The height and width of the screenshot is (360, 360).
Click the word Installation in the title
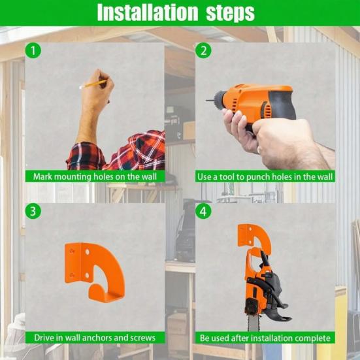tap(148, 12)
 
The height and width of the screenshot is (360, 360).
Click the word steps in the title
tap(230, 13)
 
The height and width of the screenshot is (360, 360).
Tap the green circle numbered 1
tap(33, 50)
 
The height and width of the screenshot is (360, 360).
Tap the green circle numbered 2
tap(203, 50)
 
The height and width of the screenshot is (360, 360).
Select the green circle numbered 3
tap(33, 211)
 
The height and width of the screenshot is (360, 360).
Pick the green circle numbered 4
tap(203, 211)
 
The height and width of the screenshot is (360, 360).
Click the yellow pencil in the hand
tap(93, 84)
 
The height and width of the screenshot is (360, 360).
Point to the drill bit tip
tap(206, 101)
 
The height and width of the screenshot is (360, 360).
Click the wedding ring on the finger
tap(259, 150)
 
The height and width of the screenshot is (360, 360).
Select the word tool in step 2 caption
tap(226, 177)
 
